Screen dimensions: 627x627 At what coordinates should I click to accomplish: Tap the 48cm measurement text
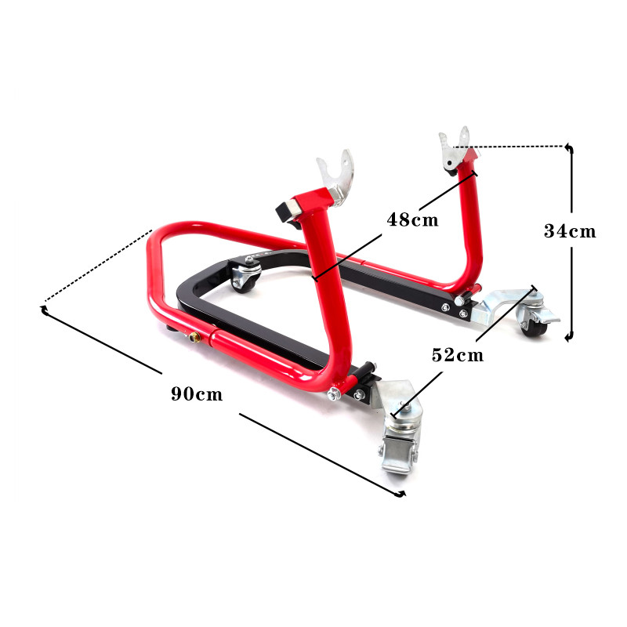(412, 219)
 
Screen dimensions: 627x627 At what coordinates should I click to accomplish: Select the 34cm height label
(570, 231)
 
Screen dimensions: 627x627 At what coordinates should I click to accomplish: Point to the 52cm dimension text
(458, 354)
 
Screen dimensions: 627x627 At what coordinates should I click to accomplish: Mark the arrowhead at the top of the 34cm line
(571, 147)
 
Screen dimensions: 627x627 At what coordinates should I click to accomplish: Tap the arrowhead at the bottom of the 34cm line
(571, 337)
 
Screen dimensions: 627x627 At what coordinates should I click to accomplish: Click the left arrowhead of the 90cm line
(45, 311)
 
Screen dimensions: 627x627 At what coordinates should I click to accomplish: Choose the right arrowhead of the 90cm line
(402, 494)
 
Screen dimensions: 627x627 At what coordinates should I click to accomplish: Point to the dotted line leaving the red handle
(94, 266)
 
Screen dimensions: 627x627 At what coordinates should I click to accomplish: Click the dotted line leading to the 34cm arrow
(517, 146)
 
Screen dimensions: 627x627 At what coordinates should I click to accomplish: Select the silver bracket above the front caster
(395, 400)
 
